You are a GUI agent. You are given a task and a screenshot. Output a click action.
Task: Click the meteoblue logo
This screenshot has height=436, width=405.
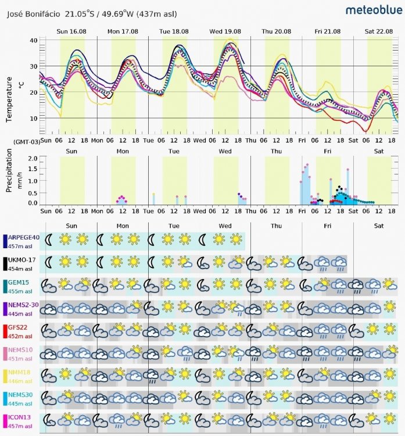click(x=371, y=10)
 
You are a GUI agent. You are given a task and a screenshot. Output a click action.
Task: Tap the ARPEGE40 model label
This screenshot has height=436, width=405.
click(x=24, y=237)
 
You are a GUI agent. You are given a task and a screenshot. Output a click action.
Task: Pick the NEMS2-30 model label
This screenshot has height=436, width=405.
click(x=24, y=305)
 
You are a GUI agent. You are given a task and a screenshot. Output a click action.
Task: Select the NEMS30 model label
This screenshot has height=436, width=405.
click(x=22, y=395)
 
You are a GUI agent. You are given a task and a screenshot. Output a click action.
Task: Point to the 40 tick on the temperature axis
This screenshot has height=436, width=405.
click(x=33, y=40)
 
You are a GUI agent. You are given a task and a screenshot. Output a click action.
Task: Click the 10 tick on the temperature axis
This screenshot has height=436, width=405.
click(x=33, y=118)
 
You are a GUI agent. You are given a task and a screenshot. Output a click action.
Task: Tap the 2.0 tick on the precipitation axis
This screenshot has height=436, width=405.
click(x=33, y=158)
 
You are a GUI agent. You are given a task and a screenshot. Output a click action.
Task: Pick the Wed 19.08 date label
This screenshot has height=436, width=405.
click(x=225, y=31)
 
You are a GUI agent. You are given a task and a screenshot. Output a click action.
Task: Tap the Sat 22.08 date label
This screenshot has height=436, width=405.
click(x=379, y=31)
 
